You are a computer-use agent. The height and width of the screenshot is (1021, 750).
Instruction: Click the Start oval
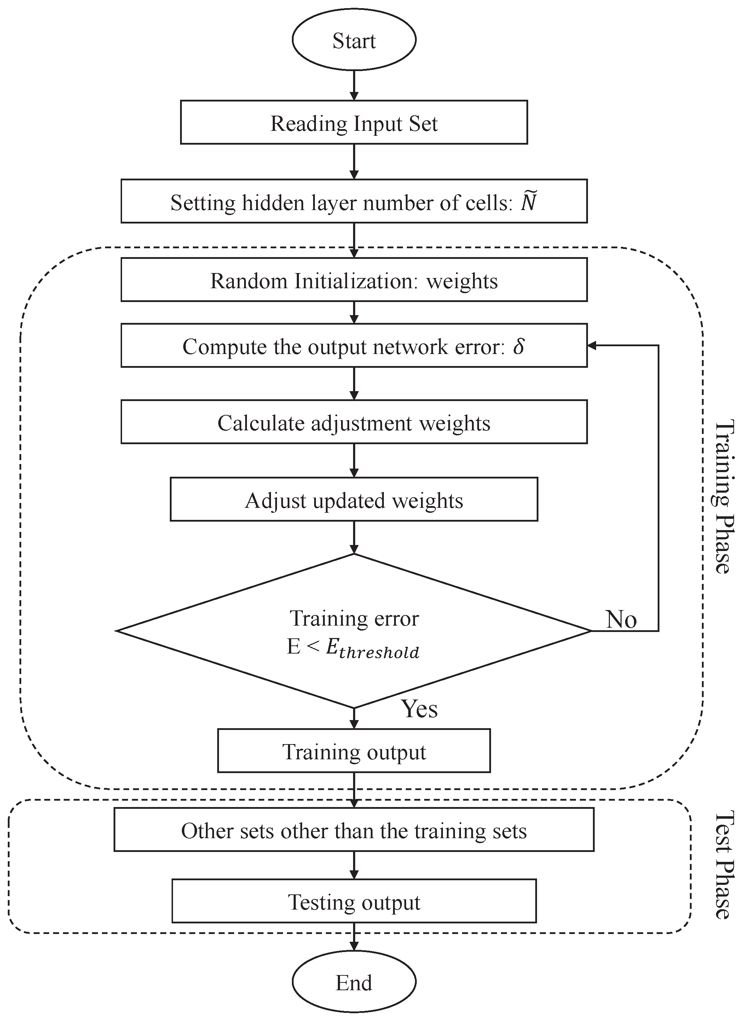[354, 41]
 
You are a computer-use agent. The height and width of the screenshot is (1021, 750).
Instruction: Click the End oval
[354, 983]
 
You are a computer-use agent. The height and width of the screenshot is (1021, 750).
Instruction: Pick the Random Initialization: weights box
[354, 280]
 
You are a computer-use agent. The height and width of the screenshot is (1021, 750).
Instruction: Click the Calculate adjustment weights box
[354, 423]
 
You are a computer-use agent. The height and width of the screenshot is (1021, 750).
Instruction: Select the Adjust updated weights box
[354, 500]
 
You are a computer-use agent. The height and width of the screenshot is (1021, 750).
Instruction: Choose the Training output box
[354, 752]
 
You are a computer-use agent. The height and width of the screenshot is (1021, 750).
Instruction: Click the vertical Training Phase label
[723, 497]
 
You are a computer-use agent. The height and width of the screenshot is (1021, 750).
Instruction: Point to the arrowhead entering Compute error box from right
[592, 346]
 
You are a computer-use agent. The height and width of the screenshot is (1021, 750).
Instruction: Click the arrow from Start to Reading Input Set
[354, 85]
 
